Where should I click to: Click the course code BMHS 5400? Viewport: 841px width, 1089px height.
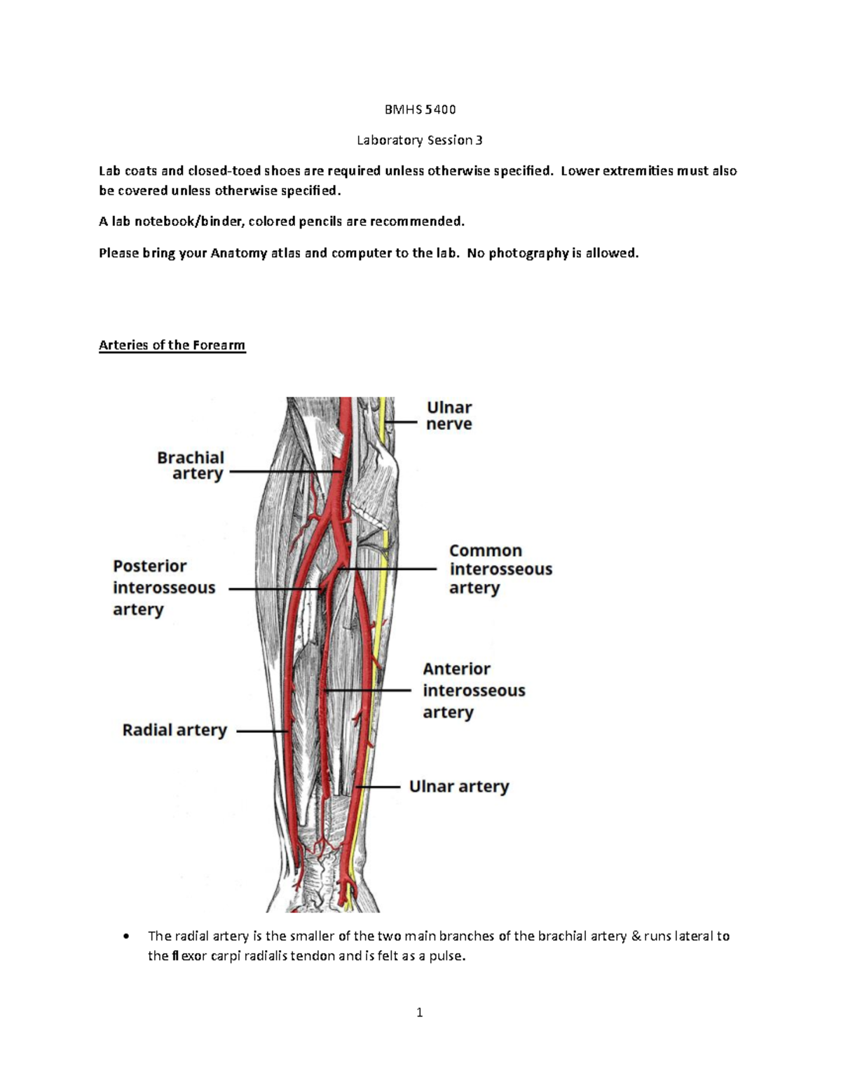(x=419, y=109)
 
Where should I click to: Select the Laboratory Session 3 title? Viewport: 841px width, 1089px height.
(x=419, y=140)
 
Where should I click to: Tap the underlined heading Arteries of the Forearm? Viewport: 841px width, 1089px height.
(x=172, y=345)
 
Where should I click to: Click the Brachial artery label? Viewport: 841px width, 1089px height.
(x=191, y=466)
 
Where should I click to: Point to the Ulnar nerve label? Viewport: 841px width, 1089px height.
(x=449, y=416)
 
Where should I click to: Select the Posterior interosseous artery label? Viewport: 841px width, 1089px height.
(x=164, y=588)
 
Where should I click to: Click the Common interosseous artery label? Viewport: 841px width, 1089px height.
(x=500, y=569)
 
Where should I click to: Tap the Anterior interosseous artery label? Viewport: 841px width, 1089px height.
(x=474, y=691)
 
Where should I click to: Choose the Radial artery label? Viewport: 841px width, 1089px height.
(x=175, y=730)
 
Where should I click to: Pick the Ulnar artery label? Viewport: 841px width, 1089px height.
(x=459, y=787)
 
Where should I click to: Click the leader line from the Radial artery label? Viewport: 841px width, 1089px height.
(x=262, y=731)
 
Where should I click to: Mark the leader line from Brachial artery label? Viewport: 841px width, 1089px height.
(x=283, y=472)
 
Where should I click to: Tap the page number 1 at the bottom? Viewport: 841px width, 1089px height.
(x=419, y=1013)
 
